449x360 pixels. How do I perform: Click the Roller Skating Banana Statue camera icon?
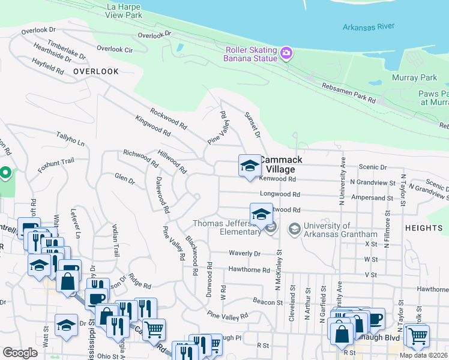(x=286, y=54)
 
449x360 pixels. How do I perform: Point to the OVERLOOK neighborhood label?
(x=96, y=71)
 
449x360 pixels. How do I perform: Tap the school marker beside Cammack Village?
(x=249, y=166)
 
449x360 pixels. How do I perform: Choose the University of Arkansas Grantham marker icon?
(x=295, y=229)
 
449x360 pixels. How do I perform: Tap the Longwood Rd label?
(x=280, y=194)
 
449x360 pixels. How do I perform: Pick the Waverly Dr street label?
(x=244, y=253)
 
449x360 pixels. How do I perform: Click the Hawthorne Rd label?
(x=249, y=270)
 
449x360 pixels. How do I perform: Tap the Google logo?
(x=20, y=353)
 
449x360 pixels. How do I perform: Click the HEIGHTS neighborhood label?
(x=423, y=228)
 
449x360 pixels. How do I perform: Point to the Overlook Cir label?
(x=115, y=49)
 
